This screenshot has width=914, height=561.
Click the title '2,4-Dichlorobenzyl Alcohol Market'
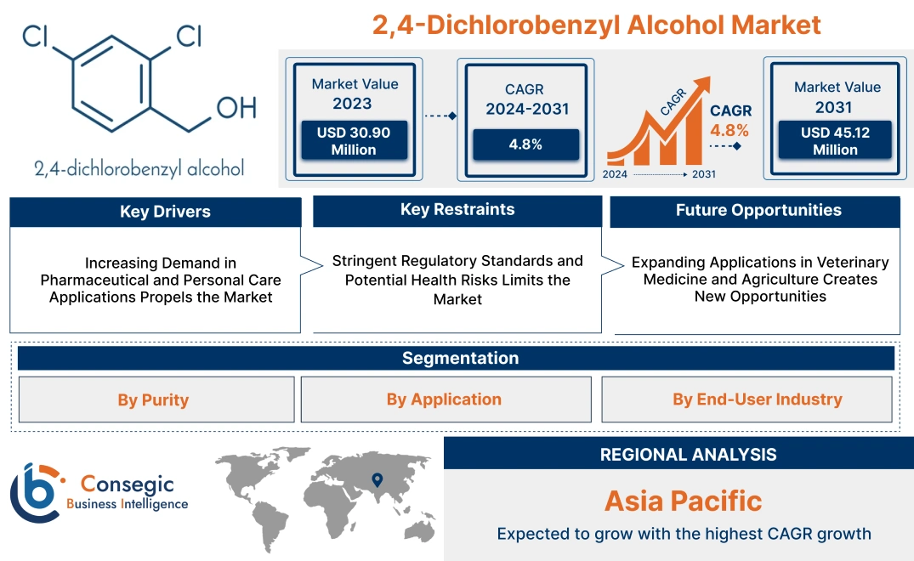(x=596, y=25)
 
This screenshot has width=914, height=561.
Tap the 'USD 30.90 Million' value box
(x=353, y=141)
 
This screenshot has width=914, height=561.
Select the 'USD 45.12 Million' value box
(x=835, y=141)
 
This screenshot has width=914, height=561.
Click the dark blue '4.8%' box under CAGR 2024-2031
(x=525, y=144)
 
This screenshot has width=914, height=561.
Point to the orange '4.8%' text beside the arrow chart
(x=729, y=130)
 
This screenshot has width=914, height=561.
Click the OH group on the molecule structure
(x=236, y=107)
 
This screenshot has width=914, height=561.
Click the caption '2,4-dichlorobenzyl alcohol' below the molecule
(x=139, y=167)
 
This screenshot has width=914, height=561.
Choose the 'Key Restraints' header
(x=457, y=210)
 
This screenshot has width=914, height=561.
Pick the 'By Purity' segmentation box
(x=153, y=399)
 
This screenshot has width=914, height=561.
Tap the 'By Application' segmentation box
(x=444, y=399)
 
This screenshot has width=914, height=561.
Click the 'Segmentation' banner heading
(x=460, y=358)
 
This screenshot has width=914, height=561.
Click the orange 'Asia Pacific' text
(x=683, y=501)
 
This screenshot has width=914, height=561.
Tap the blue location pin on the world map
(x=377, y=481)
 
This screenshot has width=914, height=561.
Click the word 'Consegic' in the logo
(x=128, y=485)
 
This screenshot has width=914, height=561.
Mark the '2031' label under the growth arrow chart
(x=703, y=174)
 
